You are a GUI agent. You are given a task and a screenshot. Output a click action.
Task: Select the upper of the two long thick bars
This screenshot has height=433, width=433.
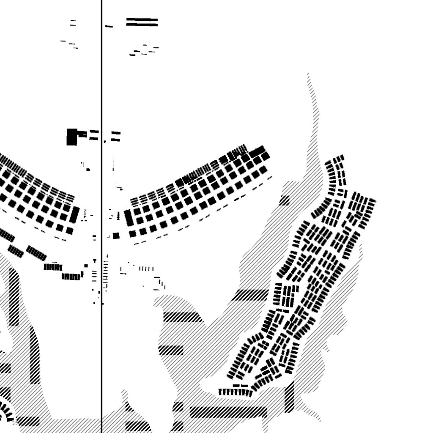[x=142, y=19]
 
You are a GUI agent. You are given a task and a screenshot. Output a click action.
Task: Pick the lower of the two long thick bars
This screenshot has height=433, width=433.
[x=142, y=25]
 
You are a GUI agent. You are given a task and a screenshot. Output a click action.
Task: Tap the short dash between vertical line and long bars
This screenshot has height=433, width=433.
[x=109, y=27]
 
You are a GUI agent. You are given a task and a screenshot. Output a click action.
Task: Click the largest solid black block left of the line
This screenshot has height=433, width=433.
[x=72, y=137]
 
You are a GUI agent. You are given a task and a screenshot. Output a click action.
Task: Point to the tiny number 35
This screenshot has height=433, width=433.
[x=15, y=423]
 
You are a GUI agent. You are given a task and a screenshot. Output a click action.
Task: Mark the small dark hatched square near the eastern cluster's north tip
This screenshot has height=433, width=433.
[x=284, y=200]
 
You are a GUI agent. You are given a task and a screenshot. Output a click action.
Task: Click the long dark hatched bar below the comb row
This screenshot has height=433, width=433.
[x=228, y=412]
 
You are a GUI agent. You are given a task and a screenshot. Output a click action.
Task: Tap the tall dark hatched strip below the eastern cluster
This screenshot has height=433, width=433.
[x=289, y=397]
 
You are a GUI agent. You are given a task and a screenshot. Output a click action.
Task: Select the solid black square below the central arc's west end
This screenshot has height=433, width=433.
[x=116, y=236]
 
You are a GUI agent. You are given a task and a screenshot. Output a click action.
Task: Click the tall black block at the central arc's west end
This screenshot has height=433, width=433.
[x=129, y=217]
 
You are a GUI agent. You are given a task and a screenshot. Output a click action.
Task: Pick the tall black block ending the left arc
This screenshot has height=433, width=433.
[x=75, y=214]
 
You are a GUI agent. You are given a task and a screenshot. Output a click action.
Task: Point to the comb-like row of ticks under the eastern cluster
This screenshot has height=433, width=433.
[x=235, y=392]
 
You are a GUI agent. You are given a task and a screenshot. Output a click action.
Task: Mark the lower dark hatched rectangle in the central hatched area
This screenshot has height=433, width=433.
[x=171, y=350]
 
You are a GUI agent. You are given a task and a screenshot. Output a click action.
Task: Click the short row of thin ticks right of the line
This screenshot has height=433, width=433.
[x=147, y=269]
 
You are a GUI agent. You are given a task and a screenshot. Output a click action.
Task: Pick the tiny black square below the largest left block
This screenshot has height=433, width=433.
[x=88, y=170]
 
